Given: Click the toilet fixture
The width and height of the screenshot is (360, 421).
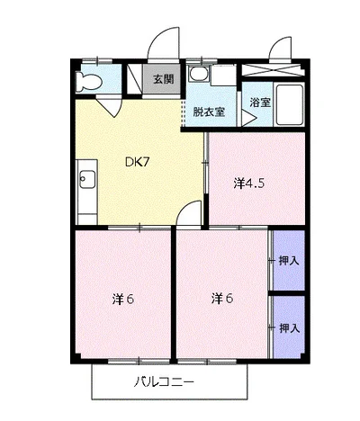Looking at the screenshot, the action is point(87,81).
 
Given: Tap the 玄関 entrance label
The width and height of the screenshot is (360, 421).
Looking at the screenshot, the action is point(164,79).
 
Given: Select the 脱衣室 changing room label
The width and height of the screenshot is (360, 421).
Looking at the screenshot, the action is point(209,112).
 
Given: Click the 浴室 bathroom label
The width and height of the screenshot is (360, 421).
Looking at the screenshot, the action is point(260,103).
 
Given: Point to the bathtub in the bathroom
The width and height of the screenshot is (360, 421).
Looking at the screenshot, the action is point(289,105).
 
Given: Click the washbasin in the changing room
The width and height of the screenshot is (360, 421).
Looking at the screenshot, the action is point(199,73).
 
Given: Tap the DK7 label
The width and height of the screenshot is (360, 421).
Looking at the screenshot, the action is point(138,162).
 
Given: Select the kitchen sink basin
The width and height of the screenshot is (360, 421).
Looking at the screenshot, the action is point(87,179).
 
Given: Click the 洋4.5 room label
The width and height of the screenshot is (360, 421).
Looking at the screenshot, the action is point(248,183).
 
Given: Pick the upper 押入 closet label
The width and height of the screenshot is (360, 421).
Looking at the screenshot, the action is point(289,261).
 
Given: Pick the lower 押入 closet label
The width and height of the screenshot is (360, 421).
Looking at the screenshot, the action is point(290,328).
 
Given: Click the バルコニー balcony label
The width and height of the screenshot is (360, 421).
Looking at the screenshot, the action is point(164,382).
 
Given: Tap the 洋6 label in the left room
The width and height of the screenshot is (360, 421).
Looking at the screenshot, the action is point(122,299).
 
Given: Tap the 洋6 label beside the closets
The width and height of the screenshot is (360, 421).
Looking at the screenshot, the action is point(222,299).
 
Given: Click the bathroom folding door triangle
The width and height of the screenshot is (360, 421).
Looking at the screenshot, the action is point(248,118).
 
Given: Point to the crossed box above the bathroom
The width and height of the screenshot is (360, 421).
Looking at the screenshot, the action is point(273,71).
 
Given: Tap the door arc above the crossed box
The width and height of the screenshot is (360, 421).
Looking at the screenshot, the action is point(276,43).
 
